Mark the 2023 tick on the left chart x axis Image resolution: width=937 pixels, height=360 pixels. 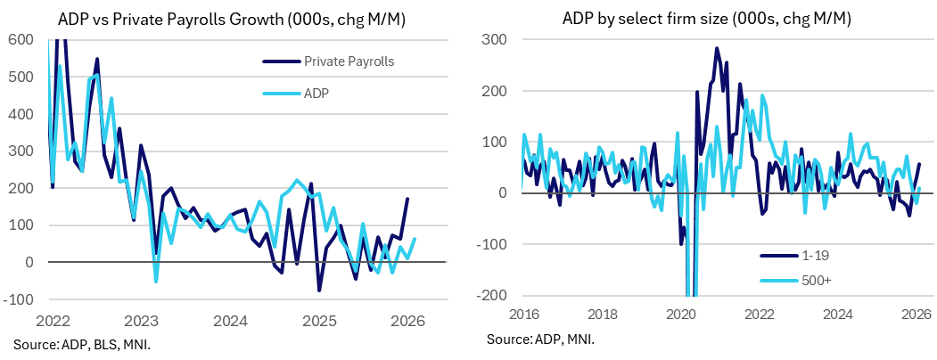[x=142, y=320]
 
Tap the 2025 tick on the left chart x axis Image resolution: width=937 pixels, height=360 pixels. [x=319, y=320]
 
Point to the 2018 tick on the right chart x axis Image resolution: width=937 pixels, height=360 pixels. [x=604, y=314]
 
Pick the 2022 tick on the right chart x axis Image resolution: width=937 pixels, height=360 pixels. [x=759, y=314]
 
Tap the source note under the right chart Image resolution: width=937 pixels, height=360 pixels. [x=541, y=340]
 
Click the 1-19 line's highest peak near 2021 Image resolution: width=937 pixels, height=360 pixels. [x=717, y=48]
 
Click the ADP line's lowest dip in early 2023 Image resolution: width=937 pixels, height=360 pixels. [x=156, y=282]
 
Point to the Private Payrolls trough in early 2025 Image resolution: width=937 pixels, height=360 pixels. [x=319, y=290]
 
